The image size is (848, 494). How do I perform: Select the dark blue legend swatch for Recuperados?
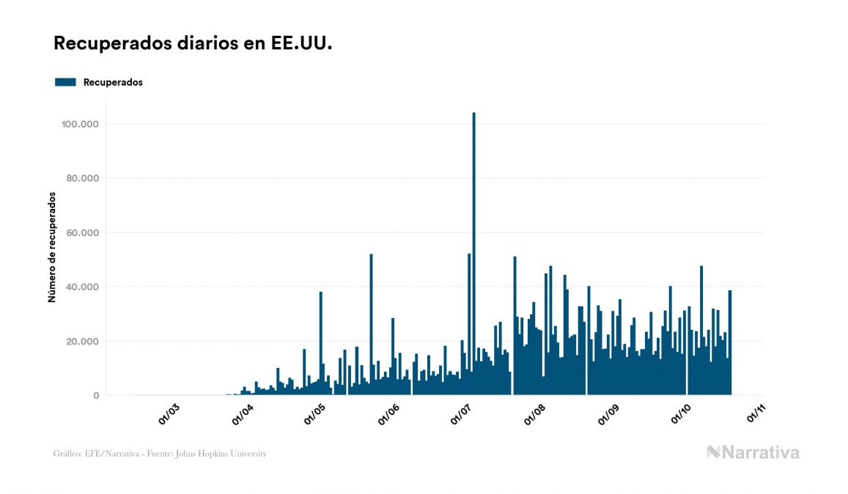[65, 82]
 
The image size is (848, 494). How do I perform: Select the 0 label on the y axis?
[96, 395]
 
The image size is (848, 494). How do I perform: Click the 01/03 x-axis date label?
[169, 414]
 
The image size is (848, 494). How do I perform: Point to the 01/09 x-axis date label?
[610, 414]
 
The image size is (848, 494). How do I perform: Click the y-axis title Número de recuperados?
[52, 247]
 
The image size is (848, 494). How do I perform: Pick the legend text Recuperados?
[113, 82]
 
